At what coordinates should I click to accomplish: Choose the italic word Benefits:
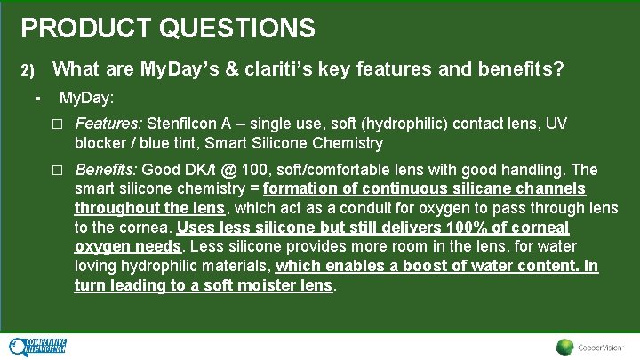(107, 170)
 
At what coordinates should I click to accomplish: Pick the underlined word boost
(428, 266)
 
